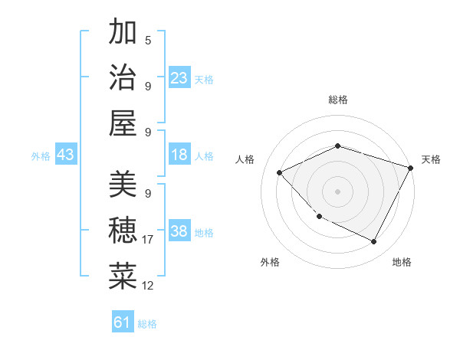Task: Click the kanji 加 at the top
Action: point(123,33)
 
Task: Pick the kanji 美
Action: point(123,185)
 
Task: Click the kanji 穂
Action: point(123,230)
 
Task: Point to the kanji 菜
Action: point(123,275)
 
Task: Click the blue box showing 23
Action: point(179,78)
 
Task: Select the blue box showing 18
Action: point(179,155)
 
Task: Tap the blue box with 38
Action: point(179,232)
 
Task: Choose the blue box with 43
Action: point(66,155)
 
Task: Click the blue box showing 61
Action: point(123,322)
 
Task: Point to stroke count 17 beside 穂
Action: point(148,240)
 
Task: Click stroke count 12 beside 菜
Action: point(148,285)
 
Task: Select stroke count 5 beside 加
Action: point(148,41)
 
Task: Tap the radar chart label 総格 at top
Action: point(337,100)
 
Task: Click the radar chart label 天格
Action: point(431,159)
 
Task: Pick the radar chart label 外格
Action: point(269,262)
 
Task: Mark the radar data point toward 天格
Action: point(411,168)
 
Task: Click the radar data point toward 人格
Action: point(280,173)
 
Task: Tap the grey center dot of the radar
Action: point(337,191)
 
